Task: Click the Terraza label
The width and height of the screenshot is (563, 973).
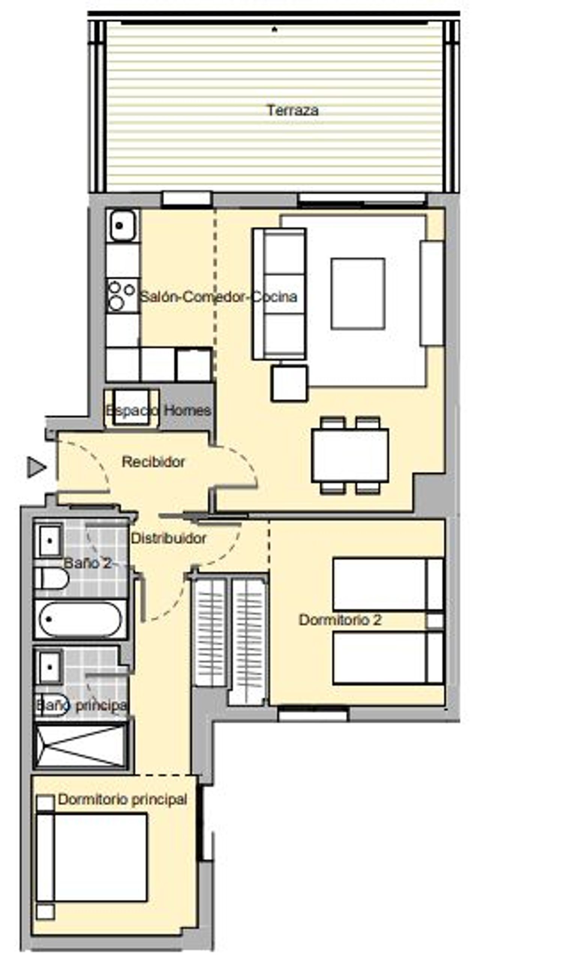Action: click(292, 110)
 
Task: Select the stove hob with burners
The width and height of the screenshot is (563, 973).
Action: click(123, 295)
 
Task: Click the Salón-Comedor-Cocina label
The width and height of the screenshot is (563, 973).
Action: click(218, 296)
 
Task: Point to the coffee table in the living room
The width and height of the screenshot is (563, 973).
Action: click(358, 293)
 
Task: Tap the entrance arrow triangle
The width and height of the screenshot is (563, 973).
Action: click(36, 467)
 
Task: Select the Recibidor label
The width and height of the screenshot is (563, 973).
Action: click(153, 462)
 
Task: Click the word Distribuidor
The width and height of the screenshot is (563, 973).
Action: click(169, 538)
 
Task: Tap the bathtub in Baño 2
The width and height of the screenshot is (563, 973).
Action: click(81, 619)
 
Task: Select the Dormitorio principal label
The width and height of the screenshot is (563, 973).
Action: click(122, 799)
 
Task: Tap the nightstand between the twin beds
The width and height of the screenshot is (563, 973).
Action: click(435, 621)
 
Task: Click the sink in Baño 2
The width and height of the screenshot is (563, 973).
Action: click(49, 541)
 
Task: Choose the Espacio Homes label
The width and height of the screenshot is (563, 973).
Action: click(158, 410)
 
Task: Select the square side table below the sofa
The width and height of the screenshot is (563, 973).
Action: click(289, 383)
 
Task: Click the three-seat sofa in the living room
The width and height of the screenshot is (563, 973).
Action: click(280, 294)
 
